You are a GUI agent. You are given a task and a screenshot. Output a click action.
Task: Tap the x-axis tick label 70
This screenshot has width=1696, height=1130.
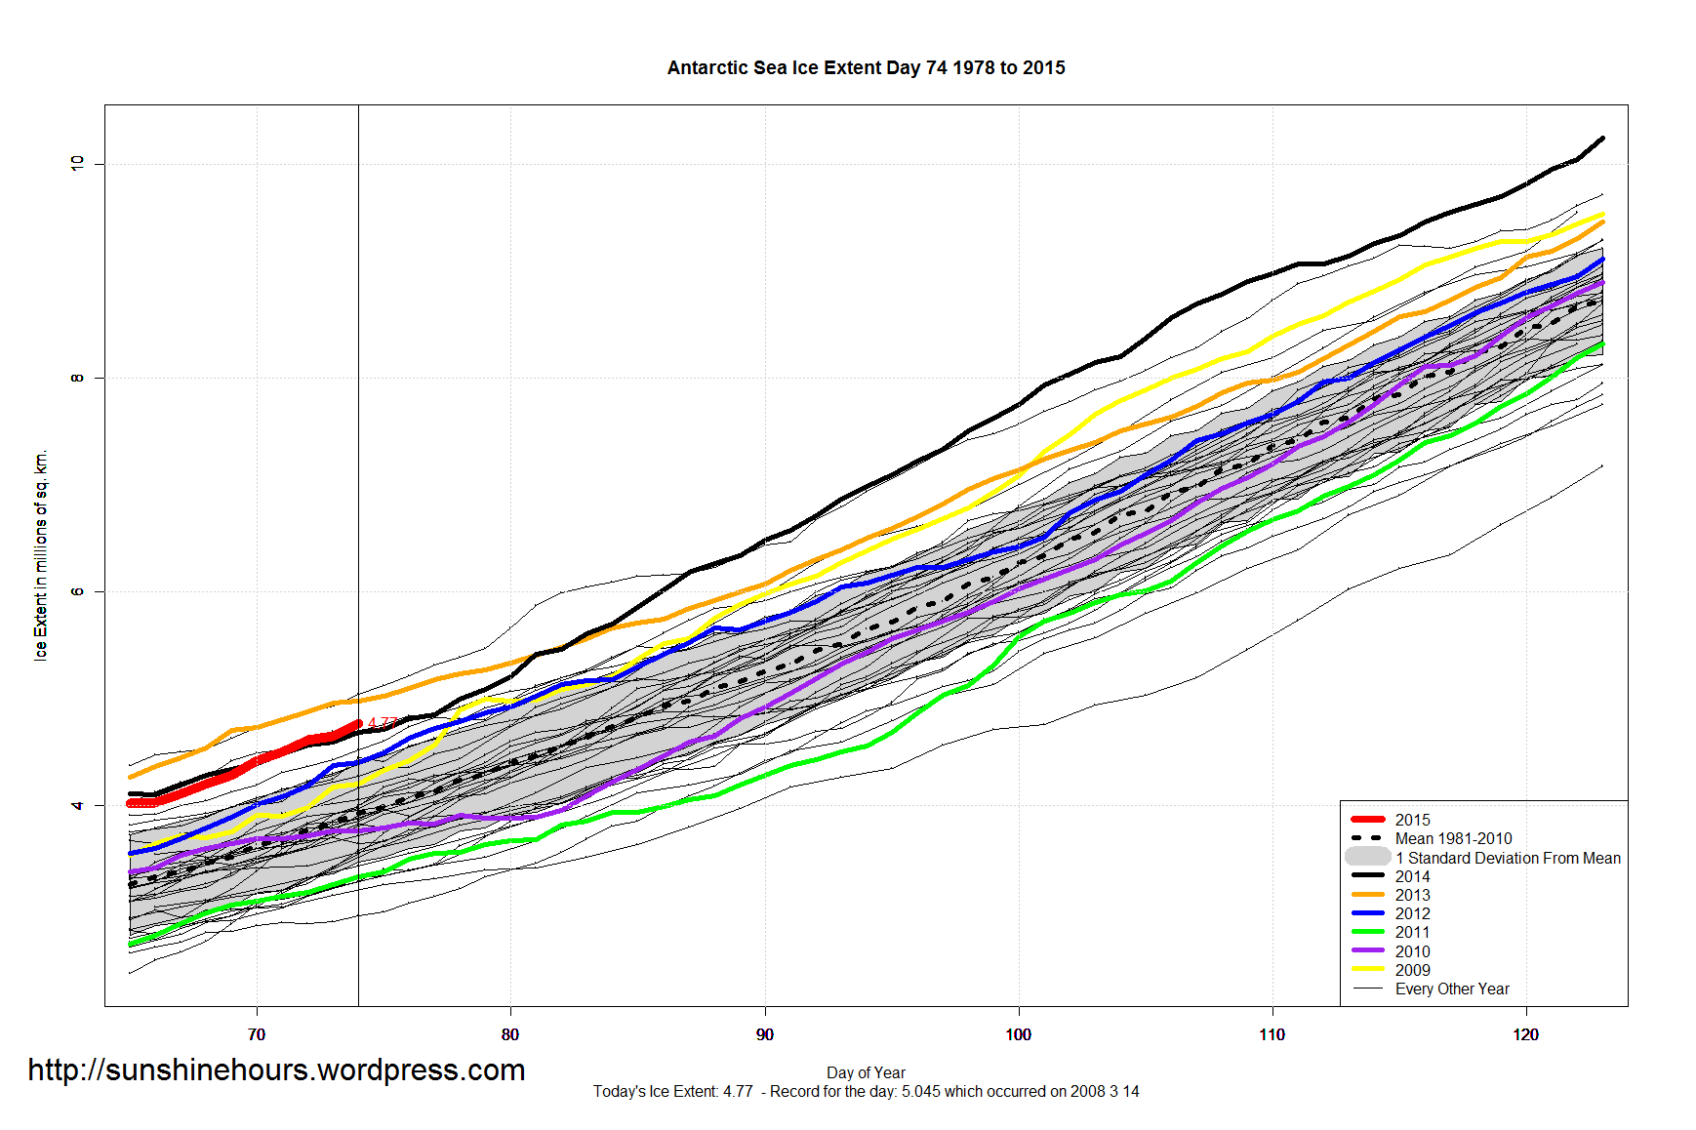[257, 1034]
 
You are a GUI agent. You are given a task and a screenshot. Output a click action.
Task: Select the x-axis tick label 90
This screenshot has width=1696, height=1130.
[765, 1034]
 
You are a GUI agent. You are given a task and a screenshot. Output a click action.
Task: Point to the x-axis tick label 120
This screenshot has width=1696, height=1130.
[1526, 1034]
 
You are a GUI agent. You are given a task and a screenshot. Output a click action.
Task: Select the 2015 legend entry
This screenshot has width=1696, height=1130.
[1412, 821]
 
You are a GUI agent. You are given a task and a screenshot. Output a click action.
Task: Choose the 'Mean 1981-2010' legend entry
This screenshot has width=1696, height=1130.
[1453, 839]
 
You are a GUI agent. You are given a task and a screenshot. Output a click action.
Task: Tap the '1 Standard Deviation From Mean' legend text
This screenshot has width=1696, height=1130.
[1508, 859]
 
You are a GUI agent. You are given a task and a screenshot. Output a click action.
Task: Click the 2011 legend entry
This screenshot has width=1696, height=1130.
[1412, 933]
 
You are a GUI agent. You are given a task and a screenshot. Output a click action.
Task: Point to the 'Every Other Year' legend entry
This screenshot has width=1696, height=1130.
[1452, 989]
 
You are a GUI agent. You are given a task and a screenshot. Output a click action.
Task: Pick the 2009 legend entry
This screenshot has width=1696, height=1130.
[1412, 971]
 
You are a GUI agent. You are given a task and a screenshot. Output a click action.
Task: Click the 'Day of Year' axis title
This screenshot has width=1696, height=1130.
[866, 1073]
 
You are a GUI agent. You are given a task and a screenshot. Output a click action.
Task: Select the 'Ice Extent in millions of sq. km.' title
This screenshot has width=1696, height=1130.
[41, 555]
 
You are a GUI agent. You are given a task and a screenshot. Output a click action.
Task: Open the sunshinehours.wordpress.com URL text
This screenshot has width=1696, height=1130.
[276, 1070]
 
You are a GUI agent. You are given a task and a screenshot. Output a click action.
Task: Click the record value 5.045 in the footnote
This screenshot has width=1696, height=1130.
[921, 1092]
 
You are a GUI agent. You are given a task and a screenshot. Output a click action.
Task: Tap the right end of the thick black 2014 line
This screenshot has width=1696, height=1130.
[1602, 139]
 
